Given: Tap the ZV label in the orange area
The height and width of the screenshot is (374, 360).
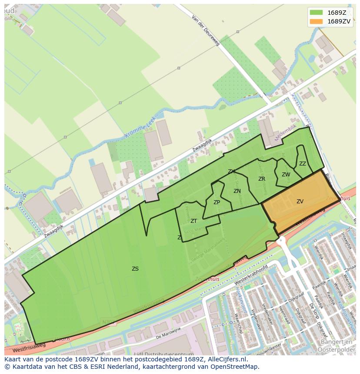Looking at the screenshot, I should [x=300, y=201].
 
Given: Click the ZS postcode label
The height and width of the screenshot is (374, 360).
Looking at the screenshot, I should [x=135, y=269].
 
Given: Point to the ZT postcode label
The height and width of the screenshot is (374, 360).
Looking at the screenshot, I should [x=193, y=221].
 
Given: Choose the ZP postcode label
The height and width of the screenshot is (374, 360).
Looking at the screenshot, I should [x=217, y=202].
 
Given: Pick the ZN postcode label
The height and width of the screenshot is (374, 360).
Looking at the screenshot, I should [x=237, y=191].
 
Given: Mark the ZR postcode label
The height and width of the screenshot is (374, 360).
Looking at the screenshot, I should [x=262, y=179].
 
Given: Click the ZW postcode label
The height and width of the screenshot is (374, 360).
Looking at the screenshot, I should [x=286, y=175].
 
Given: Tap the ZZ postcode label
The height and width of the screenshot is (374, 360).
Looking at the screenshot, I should [x=303, y=164].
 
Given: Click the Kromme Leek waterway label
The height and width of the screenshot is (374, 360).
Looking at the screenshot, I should [x=140, y=130].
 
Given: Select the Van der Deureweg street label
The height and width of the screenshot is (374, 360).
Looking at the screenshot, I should [x=206, y=31].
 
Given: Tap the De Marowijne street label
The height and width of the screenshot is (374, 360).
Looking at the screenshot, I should [x=168, y=333].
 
